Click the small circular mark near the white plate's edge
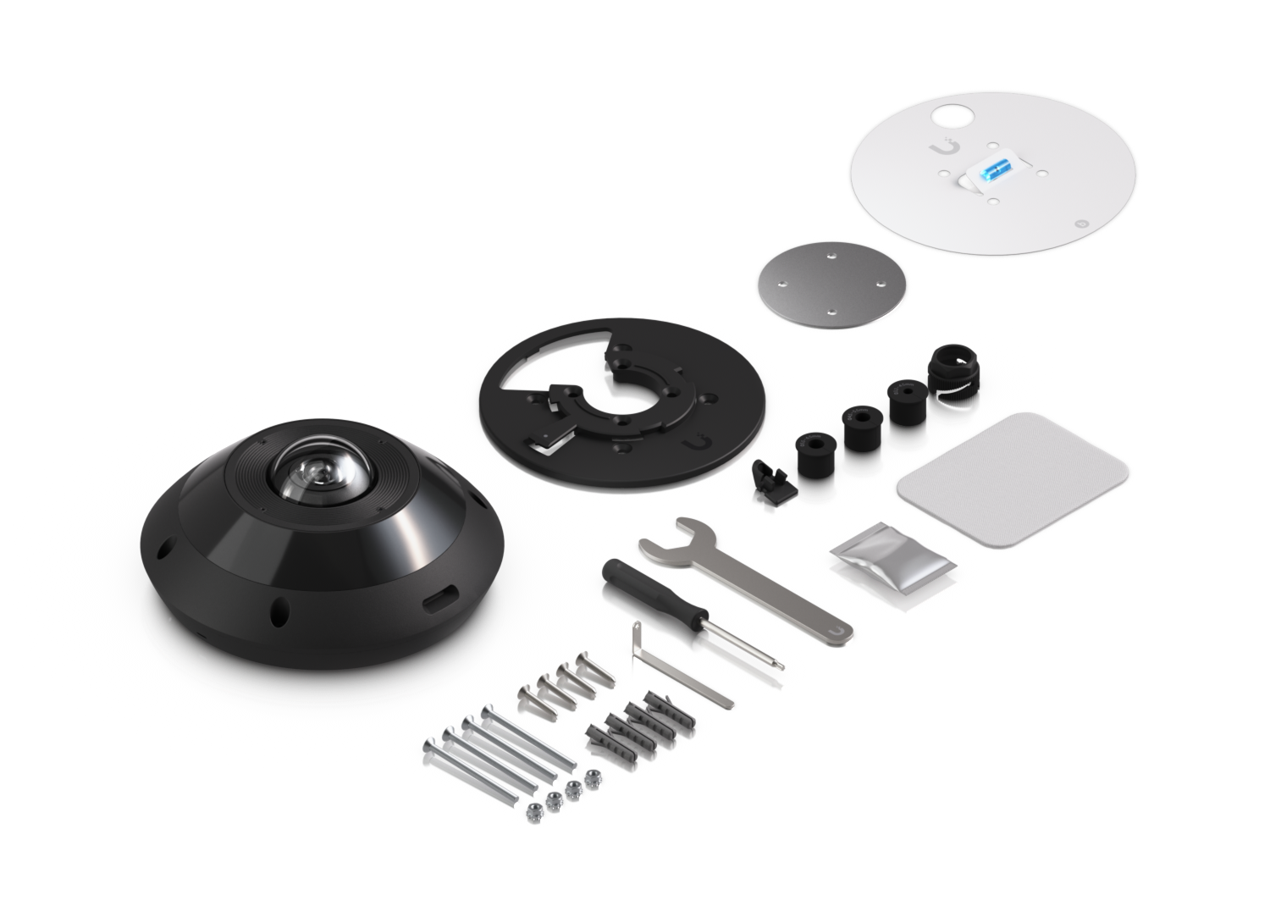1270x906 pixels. [1080, 224]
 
